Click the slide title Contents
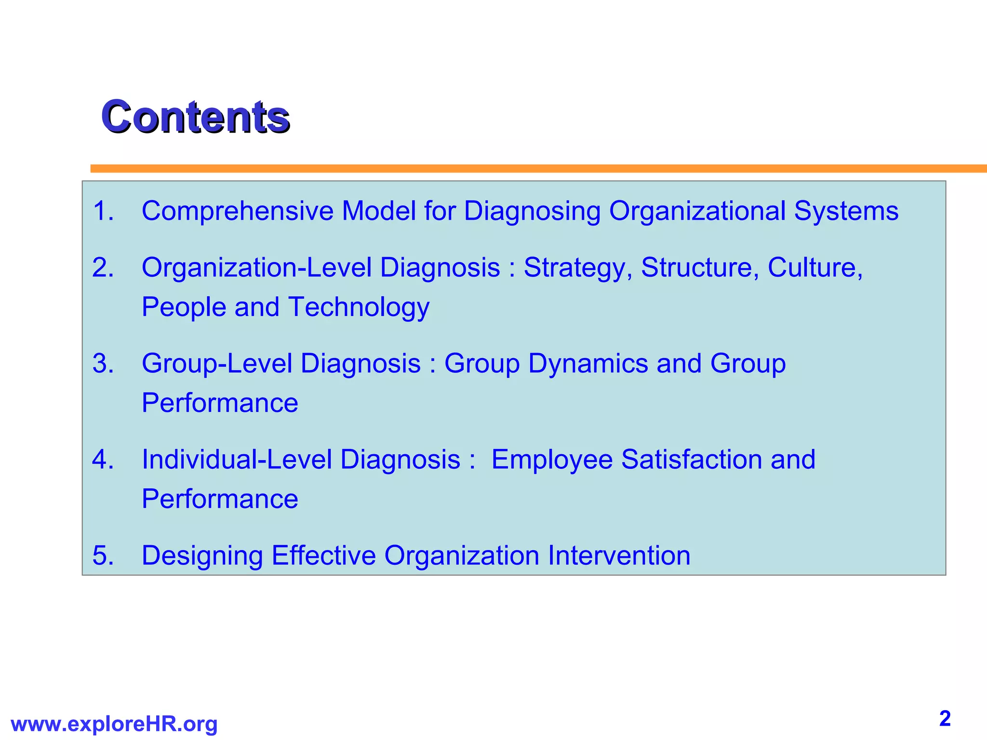pos(195,117)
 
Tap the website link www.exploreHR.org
pos(114,724)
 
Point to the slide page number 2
pos(945,719)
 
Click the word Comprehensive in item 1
pos(237,211)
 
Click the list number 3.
pos(103,363)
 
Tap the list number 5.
pos(103,555)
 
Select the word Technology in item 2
pos(359,307)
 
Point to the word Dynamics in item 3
pos(588,364)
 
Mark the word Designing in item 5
pos(202,556)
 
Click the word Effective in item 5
pos(323,555)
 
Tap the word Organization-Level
pos(256,268)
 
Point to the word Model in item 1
pos(378,211)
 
